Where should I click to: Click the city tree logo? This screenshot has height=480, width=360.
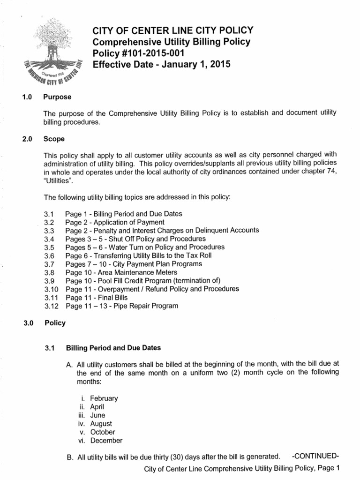[x=51, y=52]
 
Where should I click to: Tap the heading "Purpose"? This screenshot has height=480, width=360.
[x=57, y=97]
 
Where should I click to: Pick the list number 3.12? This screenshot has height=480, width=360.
[x=51, y=306]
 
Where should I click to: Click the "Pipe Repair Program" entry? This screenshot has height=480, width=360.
[x=148, y=306]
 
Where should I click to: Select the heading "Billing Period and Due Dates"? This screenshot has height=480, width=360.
[x=113, y=348]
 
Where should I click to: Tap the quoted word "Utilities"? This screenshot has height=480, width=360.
[x=57, y=180]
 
